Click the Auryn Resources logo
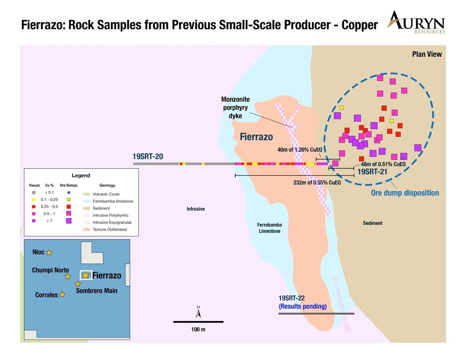pos(416,22)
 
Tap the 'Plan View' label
pos(427,54)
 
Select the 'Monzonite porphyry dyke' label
pos(235,108)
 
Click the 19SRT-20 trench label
pos(148,157)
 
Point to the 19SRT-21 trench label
pos(372,172)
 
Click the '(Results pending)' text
pos(303,306)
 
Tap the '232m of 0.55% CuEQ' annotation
pos(317,182)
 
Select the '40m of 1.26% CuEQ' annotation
pos(300,150)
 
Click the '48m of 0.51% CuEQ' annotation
pos(383,164)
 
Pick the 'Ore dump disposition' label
pos(405,193)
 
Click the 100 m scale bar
pos(198,322)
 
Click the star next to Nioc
pos(49,252)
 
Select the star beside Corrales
pos(62,294)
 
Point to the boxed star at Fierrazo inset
pos(86,275)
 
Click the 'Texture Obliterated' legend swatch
pos(86,229)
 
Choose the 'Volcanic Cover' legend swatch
pos(86,194)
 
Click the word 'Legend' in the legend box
pos(81,175)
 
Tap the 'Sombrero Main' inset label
pos(96,291)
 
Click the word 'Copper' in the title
pos(360,25)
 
